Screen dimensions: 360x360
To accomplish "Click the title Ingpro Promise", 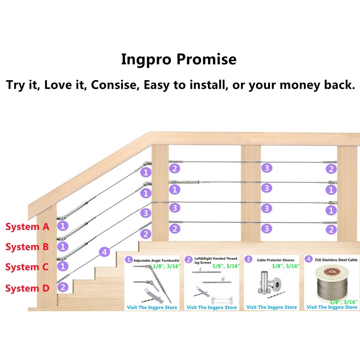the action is click(179, 59).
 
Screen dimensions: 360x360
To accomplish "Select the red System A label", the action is click(27, 226).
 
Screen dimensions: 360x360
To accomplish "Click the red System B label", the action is click(27, 247).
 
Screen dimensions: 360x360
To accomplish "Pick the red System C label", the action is click(27, 267).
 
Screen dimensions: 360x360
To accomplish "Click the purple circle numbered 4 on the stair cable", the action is click(104, 252).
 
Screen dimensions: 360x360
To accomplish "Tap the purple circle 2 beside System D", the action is click(63, 287).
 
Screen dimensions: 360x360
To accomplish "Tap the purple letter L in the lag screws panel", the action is click(200, 270).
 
